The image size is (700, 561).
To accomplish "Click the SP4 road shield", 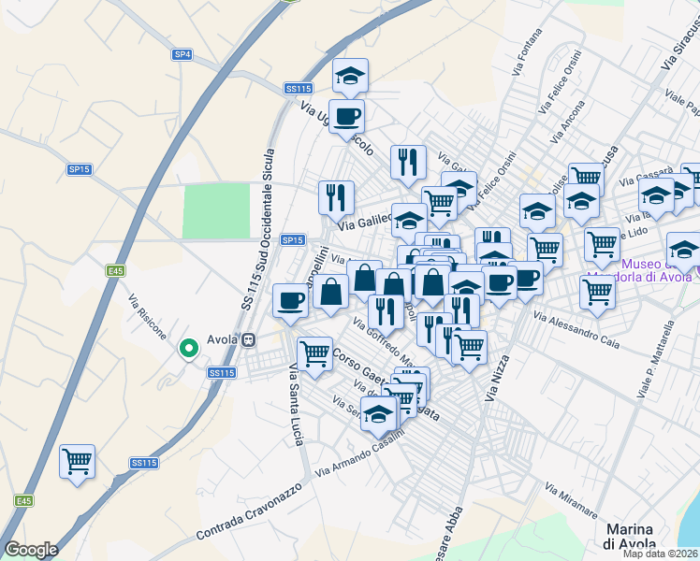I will coord(182,55).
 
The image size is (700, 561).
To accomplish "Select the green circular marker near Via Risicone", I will coord(189,349).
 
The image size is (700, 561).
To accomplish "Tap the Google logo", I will coord(31,550).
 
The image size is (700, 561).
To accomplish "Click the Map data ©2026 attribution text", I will coord(660,554).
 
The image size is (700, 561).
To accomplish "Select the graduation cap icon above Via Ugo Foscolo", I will coord(351,76).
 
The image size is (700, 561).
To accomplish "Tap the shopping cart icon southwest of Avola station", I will coord(78,460).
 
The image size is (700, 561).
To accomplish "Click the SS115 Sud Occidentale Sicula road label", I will coord(258,229).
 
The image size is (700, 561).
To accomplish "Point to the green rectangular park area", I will coord(215,210).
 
